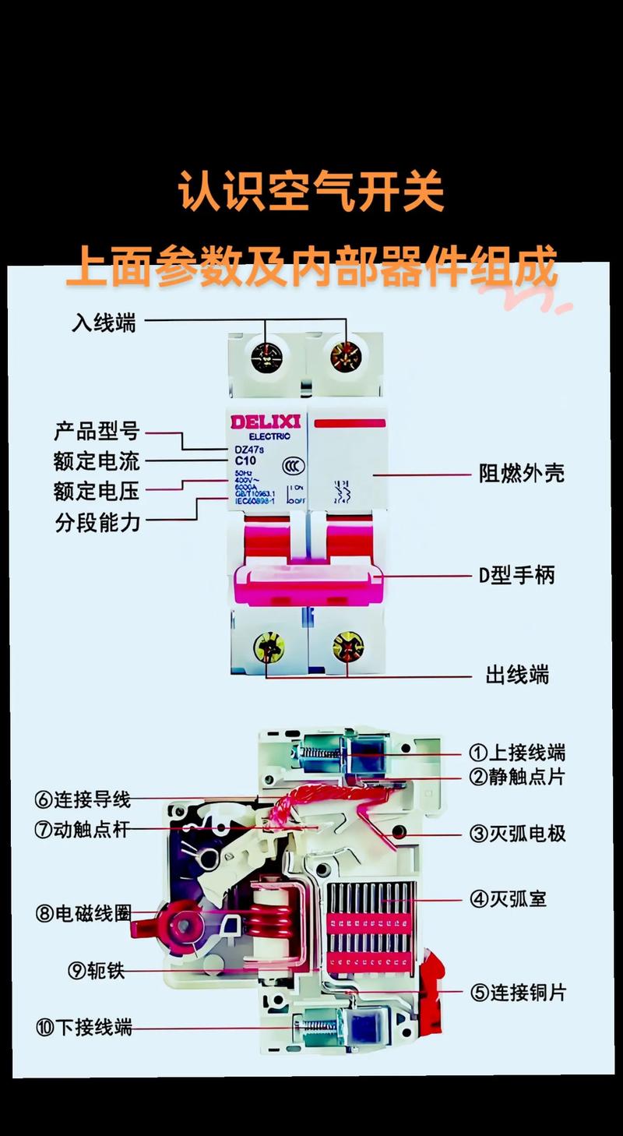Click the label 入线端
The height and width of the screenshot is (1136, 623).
click(104, 322)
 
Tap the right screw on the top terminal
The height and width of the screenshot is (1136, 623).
click(345, 357)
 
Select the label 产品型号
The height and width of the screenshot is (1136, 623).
click(97, 430)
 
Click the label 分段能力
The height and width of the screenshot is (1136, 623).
click(97, 522)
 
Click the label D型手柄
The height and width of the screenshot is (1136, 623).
click(516, 576)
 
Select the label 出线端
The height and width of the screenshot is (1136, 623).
click(517, 674)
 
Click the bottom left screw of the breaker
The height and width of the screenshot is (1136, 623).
click(268, 647)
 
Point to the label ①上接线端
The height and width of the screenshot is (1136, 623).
click(516, 753)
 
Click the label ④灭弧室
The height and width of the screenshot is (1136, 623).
click(507, 899)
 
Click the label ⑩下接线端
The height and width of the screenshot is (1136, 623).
click(83, 1028)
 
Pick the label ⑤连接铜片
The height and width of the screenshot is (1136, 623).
click(517, 993)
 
